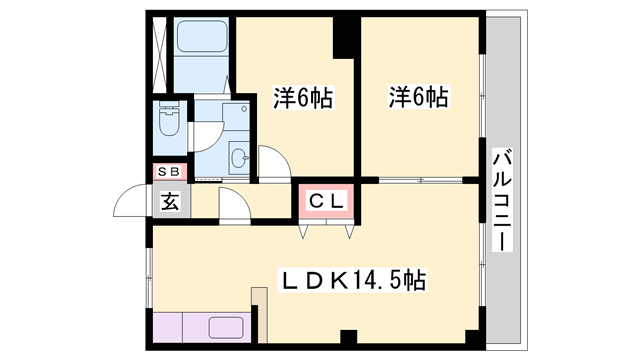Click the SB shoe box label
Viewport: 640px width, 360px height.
168,172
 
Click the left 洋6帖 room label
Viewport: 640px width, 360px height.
303,98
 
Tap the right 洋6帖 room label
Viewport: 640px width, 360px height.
418,97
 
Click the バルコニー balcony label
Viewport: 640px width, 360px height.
503,201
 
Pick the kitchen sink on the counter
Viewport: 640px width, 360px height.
229,328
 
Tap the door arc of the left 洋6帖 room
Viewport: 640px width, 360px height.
272,162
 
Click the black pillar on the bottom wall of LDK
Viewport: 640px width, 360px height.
348,338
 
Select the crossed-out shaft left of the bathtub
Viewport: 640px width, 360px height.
160,50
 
